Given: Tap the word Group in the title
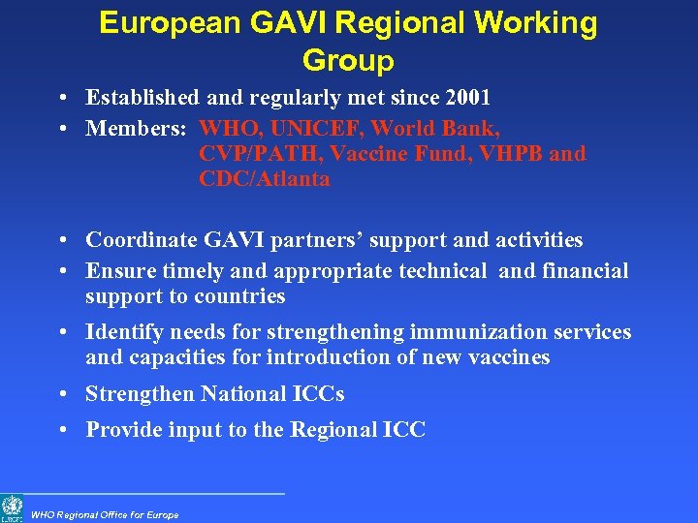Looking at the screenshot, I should tap(348, 61).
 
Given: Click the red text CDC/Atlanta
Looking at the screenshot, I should tap(264, 179).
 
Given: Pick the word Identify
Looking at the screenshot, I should tap(124, 333).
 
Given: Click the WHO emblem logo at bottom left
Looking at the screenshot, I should tap(12, 507).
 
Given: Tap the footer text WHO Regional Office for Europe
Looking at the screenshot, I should tap(105, 514).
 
